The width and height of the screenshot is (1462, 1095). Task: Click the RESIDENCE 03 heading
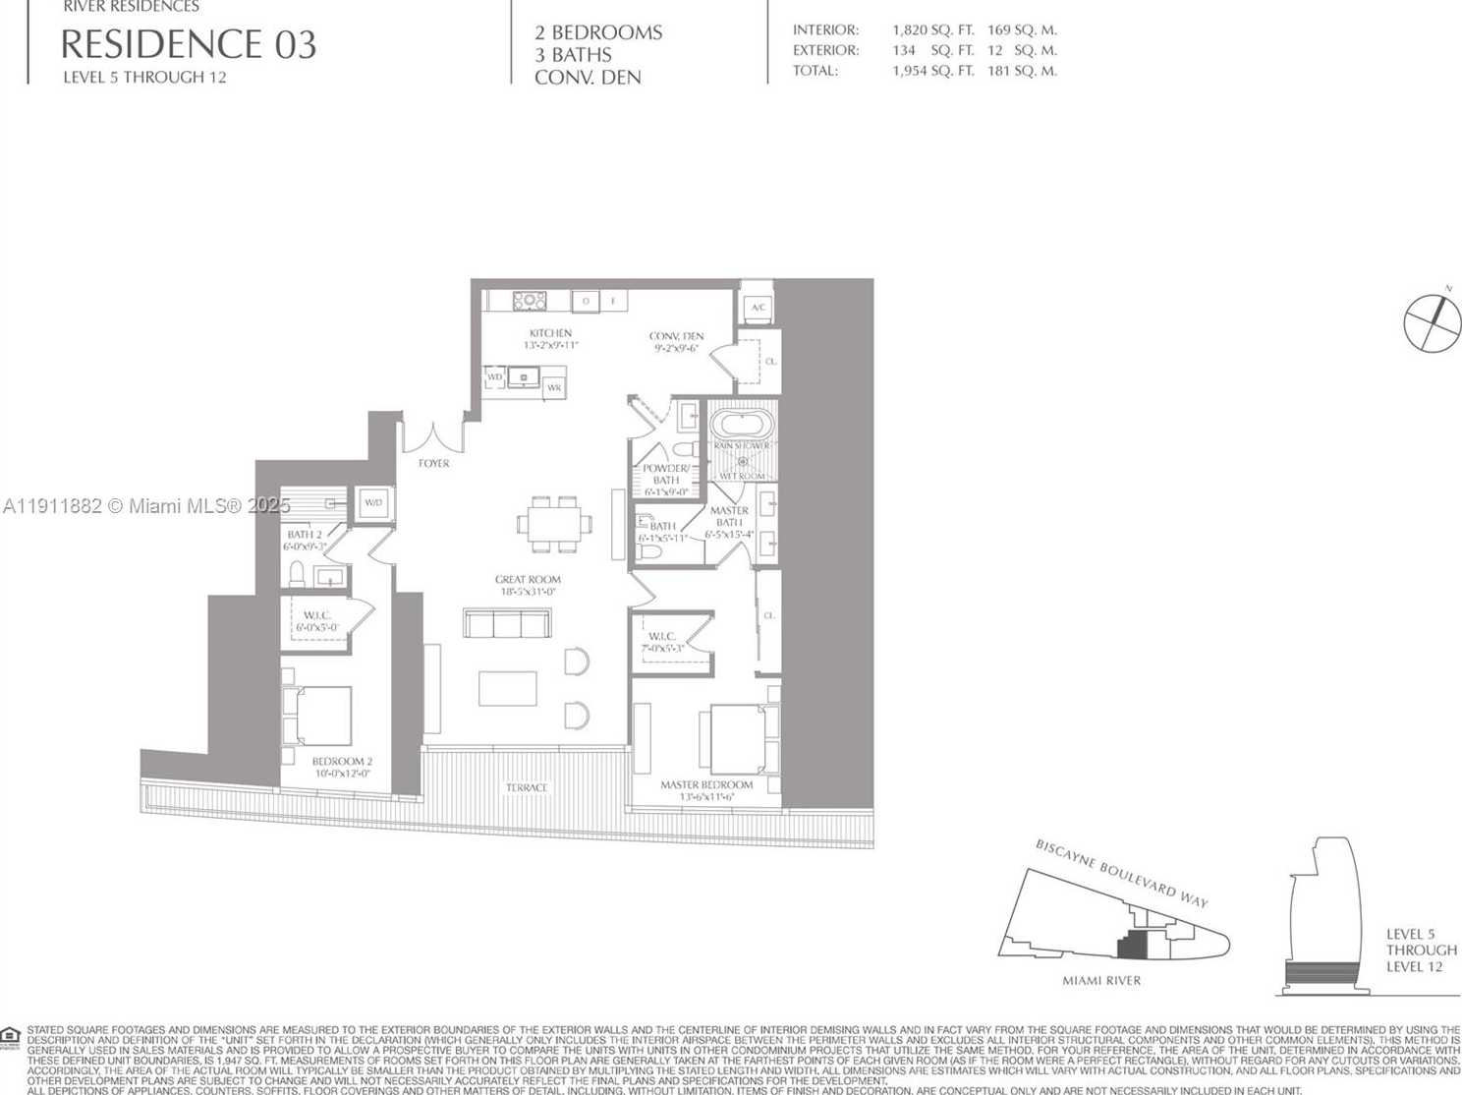coord(189,45)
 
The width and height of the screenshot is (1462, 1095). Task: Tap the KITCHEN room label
coord(550,334)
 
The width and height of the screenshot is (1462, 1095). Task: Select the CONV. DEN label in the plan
coord(677,337)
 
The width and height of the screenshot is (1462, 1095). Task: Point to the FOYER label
coord(433,463)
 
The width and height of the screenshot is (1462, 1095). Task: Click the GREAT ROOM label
coord(528,580)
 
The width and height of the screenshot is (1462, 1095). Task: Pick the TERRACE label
coord(527,787)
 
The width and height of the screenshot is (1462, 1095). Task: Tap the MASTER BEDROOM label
coord(706,785)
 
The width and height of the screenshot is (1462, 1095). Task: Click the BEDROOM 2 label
coord(342,762)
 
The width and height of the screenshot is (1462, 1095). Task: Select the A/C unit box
coord(758,307)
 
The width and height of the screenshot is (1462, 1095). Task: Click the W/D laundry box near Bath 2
coord(374,502)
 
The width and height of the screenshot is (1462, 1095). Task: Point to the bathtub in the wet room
coord(742,425)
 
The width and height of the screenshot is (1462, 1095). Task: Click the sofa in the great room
coord(507,623)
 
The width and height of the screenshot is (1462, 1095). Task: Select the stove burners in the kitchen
coord(530,301)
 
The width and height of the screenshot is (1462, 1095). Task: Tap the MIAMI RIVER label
coord(1101,980)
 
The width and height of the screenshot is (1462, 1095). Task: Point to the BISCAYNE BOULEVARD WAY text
coord(1121,873)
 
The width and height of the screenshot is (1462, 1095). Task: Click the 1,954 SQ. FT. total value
coord(932,71)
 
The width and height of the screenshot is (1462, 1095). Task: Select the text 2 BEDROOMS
coord(598,32)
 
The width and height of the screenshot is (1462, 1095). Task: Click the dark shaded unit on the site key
coord(1132,946)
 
